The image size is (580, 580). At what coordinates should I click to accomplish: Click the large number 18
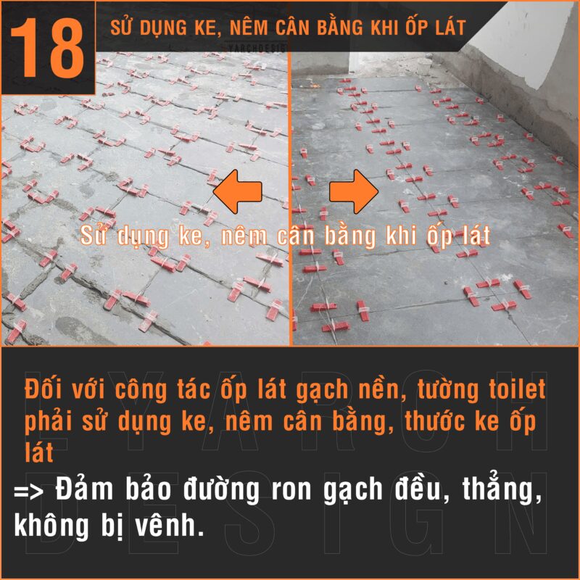pyautogui.click(x=48, y=47)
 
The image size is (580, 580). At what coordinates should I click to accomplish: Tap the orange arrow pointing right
pyautogui.click(x=353, y=191)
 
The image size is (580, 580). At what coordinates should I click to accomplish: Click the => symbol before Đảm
pyautogui.click(x=30, y=491)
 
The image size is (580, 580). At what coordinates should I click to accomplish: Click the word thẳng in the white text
pyautogui.click(x=504, y=491)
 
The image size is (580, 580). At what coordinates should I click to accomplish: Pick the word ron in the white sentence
pyautogui.click(x=295, y=491)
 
